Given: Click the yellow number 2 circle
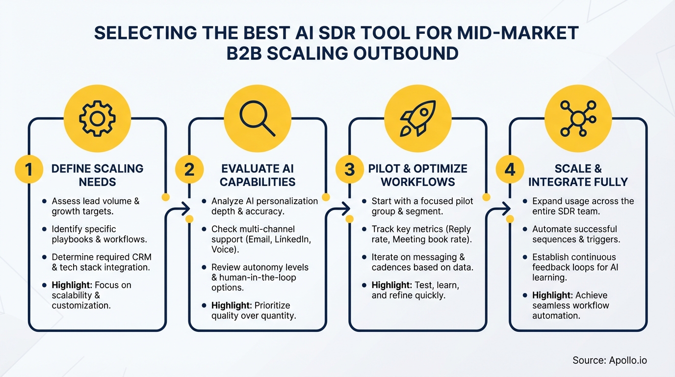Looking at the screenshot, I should (189, 170).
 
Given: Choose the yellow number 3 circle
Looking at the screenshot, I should (349, 170).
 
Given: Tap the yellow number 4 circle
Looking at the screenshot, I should (510, 170).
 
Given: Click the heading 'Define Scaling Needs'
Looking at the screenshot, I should (97, 175).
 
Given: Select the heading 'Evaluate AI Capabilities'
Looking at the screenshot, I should (258, 175).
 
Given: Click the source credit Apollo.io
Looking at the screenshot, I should (610, 360).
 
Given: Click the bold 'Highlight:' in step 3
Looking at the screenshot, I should (391, 285).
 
